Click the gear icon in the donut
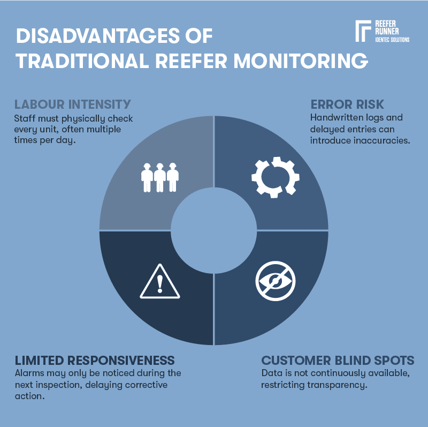pyautogui.click(x=276, y=177)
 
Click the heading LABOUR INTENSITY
pyautogui.click(x=72, y=103)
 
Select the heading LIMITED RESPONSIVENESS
pyautogui.click(x=95, y=359)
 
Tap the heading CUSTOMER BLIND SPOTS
pyautogui.click(x=338, y=359)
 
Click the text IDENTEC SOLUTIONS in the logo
pyautogui.click(x=392, y=40)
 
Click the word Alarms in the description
pyautogui.click(x=28, y=373)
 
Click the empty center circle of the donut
pyautogui.click(x=213, y=230)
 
